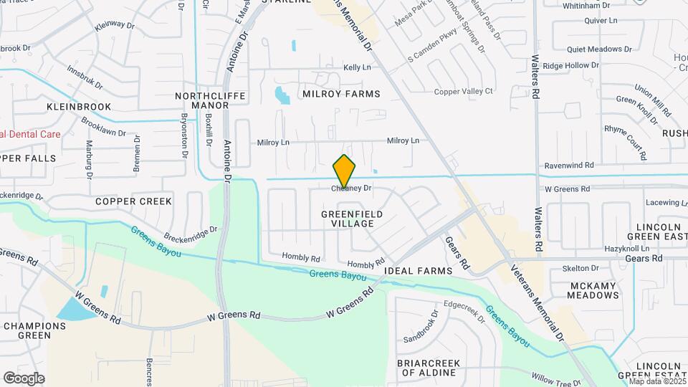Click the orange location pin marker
point(345,171)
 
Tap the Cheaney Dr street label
point(351,188)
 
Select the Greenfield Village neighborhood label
point(352,219)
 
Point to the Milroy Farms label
point(341,94)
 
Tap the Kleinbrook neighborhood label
point(79,106)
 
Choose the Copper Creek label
point(134,201)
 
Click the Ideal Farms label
point(419,271)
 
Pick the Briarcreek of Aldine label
point(428,368)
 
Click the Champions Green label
point(34,330)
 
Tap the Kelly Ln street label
point(357,67)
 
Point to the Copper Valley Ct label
point(464,91)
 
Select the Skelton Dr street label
point(580,268)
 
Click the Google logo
point(24,378)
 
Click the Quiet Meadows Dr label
point(599,49)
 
